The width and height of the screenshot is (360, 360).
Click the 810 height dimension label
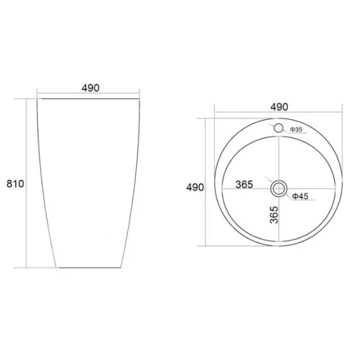[x=15, y=184]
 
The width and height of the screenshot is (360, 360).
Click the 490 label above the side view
[x=91, y=88]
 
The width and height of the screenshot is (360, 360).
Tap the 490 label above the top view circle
[x=279, y=107]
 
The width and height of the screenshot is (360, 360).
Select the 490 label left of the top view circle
[x=195, y=188]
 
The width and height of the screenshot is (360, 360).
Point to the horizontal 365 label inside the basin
[x=244, y=184]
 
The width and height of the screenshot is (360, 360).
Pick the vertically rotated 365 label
[x=274, y=215]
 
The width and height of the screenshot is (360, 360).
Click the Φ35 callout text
[x=296, y=129]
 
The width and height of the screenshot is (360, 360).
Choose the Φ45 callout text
[x=300, y=196]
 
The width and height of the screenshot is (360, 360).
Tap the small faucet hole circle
[x=278, y=124]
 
